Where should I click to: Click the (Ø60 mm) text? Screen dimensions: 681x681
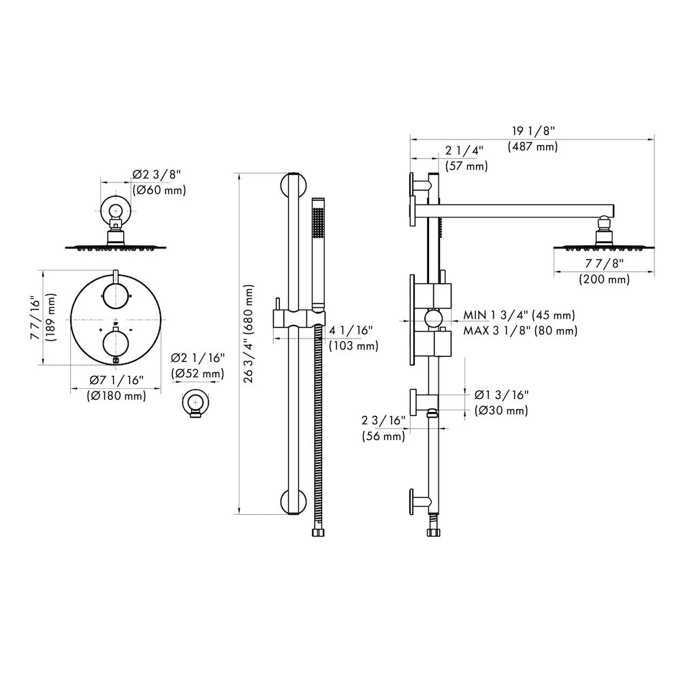click(x=159, y=191)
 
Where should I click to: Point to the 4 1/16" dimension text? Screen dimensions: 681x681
click(x=351, y=331)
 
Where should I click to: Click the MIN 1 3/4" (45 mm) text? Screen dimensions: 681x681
click(x=519, y=315)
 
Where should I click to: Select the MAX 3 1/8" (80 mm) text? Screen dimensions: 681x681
click(x=520, y=330)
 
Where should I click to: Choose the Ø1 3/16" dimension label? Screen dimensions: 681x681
click(x=501, y=394)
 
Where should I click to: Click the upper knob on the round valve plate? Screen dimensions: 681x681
click(x=116, y=295)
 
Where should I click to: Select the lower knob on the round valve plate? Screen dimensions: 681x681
click(x=116, y=342)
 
